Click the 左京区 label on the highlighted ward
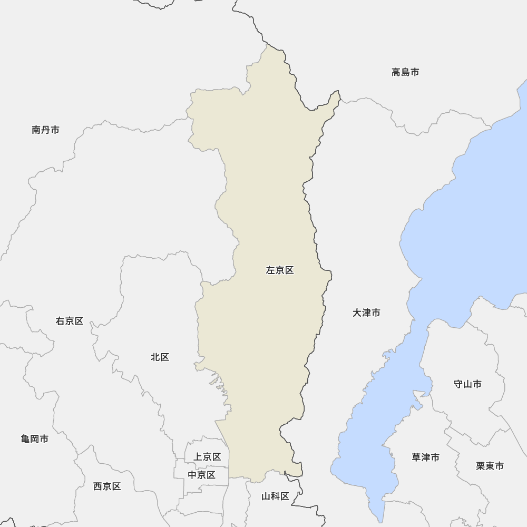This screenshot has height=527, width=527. point(280,270)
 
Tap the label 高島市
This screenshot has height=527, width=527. point(405,72)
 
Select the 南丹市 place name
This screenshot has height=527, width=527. point(45,130)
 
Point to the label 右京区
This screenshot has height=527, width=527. point(70,321)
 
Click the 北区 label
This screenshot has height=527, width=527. point(160,357)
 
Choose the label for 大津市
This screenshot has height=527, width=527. point(366,313)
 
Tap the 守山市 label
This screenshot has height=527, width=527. point(467,384)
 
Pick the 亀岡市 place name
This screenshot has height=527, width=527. point(35,438)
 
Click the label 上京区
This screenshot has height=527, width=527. point(207,457)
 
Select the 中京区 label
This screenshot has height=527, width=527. point(202,475)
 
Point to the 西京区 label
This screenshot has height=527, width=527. point(107,486)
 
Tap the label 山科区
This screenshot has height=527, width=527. point(276,496)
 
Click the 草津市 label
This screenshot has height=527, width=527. point(425,457)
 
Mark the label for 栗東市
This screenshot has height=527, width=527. point(490,466)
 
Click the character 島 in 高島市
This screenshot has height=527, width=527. point(405,72)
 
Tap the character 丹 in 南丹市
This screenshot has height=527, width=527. point(45,130)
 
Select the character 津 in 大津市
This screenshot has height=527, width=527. point(366,313)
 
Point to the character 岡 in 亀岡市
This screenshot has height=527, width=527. point(35,438)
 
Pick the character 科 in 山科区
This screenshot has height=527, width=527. point(276,496)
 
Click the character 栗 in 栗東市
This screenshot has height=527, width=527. point(481,466)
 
